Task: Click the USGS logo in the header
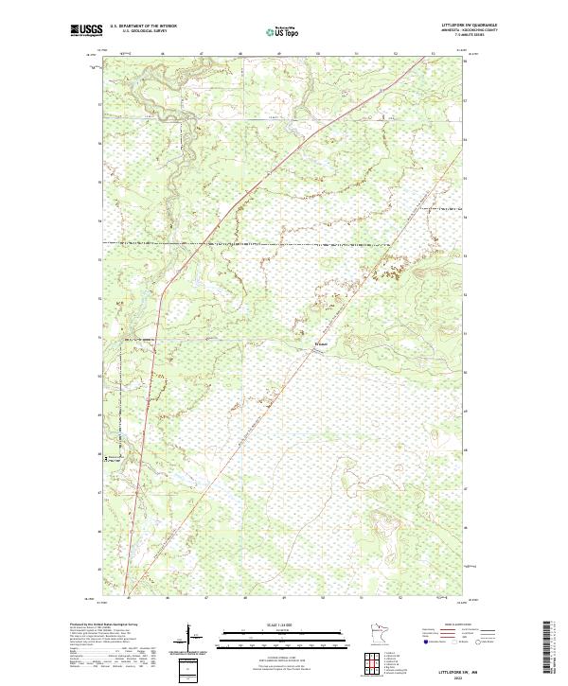(x=87, y=30)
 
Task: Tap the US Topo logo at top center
(x=282, y=31)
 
